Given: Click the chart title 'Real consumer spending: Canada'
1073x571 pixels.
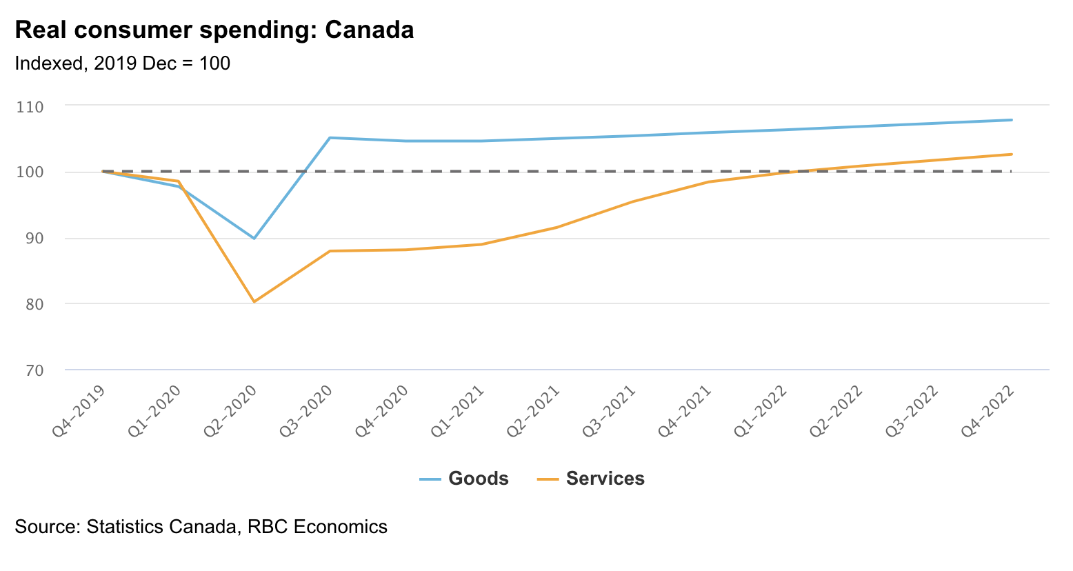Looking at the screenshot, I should coord(214,30).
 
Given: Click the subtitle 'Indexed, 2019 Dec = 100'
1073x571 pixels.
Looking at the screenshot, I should coord(122,63).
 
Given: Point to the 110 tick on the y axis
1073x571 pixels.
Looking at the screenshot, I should coord(30,107).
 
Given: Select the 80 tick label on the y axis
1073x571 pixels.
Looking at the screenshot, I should coord(30,304).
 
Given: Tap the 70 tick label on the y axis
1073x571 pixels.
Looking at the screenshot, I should coord(30,370).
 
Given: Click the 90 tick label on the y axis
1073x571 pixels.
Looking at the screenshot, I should coord(30,239).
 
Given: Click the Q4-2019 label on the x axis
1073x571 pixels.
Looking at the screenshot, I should coord(80,411).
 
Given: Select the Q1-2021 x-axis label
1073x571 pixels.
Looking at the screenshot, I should coord(459,411).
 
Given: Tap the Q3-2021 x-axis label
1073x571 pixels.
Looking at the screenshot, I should coord(610,411).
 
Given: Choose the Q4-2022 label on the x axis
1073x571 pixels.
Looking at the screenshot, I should coord(989,411).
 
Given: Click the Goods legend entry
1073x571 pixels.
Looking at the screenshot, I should coord(464,479).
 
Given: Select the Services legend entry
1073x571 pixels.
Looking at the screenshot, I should coord(591,479).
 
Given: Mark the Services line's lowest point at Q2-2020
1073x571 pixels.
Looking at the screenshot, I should coord(254,301).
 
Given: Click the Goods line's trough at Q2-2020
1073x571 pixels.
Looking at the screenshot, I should coord(254,238).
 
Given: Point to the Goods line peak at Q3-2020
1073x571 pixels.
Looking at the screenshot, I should coord(330,138).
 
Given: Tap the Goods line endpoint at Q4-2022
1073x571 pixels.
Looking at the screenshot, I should coord(1012,120).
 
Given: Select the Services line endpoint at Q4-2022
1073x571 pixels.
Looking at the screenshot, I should coord(1012,154).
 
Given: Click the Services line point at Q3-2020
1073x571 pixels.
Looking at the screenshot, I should coord(330,251).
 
